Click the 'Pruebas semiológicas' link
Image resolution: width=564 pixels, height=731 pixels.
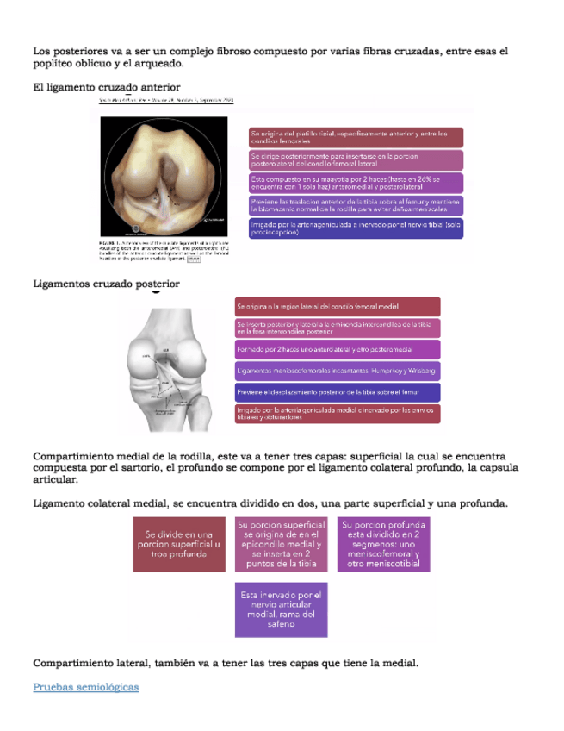[85, 687]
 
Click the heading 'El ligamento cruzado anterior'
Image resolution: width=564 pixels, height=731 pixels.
[106, 87]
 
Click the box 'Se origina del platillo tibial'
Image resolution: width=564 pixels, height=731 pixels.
[356, 137]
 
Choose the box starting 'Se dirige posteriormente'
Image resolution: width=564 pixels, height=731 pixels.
[356, 159]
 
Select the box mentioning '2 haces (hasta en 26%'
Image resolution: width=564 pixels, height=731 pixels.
[356, 183]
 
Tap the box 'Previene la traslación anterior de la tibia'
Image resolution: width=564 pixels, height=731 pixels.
[356, 205]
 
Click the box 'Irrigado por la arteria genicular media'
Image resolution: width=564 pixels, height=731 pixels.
[356, 228]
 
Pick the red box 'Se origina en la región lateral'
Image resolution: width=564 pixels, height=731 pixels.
[337, 306]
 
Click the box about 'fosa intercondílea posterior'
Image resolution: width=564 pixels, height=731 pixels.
[337, 328]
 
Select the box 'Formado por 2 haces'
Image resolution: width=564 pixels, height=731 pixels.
[337, 349]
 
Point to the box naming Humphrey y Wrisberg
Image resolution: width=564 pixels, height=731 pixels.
[337, 371]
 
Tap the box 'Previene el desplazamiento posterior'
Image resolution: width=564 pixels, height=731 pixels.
[337, 392]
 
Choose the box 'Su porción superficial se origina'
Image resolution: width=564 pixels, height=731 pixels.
[281, 545]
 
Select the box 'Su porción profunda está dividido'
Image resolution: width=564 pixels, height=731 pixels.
[383, 545]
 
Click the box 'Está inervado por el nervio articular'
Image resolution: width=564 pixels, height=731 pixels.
[281, 609]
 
